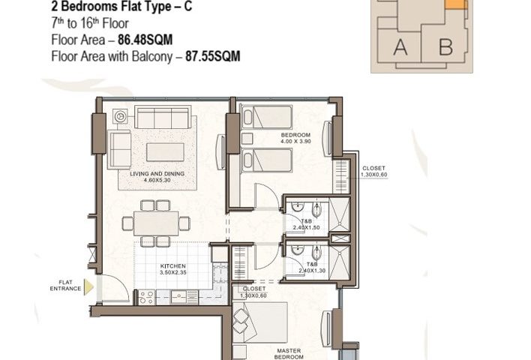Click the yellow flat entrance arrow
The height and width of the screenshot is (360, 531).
(88, 286)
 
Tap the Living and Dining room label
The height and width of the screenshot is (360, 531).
(157, 177)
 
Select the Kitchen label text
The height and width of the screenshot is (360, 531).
(172, 269)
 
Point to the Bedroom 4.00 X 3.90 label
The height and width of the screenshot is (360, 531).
(295, 138)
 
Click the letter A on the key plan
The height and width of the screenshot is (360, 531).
(400, 47)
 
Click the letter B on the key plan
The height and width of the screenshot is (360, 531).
(445, 47)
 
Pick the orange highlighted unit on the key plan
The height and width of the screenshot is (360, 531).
(456, 4)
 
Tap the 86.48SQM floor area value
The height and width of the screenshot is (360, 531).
(145, 40)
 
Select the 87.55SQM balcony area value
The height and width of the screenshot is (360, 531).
(213, 56)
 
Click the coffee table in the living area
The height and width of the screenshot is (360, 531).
(165, 152)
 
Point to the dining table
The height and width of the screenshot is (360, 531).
(156, 223)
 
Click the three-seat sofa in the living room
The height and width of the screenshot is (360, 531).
(163, 117)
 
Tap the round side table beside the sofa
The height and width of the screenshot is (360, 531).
(120, 116)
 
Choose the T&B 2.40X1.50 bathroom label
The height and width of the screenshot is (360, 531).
(306, 224)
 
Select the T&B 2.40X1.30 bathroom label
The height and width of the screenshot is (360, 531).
(312, 268)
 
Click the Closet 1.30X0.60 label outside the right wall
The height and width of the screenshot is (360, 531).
(373, 171)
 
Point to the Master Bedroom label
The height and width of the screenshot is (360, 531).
(289, 354)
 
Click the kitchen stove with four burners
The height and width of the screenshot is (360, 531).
(147, 297)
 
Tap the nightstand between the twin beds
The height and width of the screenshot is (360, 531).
(247, 139)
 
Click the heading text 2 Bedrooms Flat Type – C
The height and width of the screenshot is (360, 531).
(121, 6)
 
